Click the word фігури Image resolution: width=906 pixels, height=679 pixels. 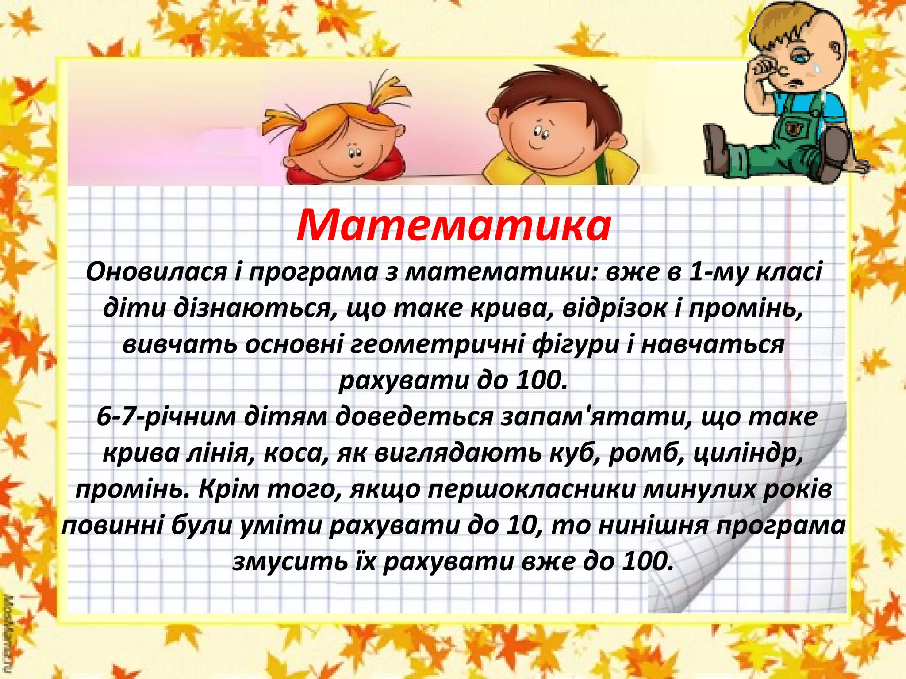575,345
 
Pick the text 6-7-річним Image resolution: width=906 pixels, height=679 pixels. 166,417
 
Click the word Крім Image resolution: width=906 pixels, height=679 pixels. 228,490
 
